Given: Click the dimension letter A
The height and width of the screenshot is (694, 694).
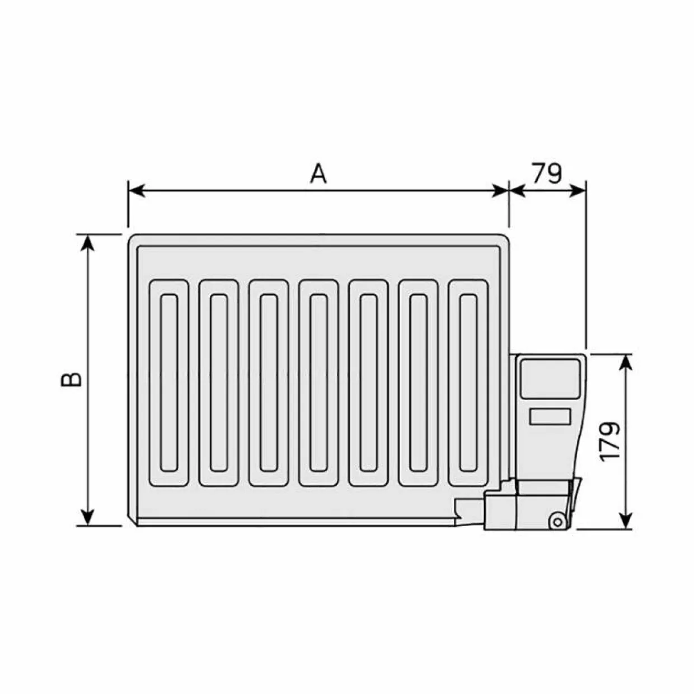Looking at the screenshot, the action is (318, 173).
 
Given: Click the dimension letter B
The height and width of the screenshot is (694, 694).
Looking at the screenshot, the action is (71, 379).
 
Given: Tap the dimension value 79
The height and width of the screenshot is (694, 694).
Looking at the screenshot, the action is (547, 173).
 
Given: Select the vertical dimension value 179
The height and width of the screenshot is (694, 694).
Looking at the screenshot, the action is (609, 441).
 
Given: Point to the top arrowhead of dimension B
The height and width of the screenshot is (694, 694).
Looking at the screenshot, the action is (88, 242).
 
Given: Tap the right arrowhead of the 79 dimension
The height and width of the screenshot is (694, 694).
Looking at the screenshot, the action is (578, 191).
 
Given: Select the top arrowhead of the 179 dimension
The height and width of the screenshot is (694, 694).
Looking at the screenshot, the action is (627, 363).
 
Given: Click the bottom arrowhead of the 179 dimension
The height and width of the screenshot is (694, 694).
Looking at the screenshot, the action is (627, 520).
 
